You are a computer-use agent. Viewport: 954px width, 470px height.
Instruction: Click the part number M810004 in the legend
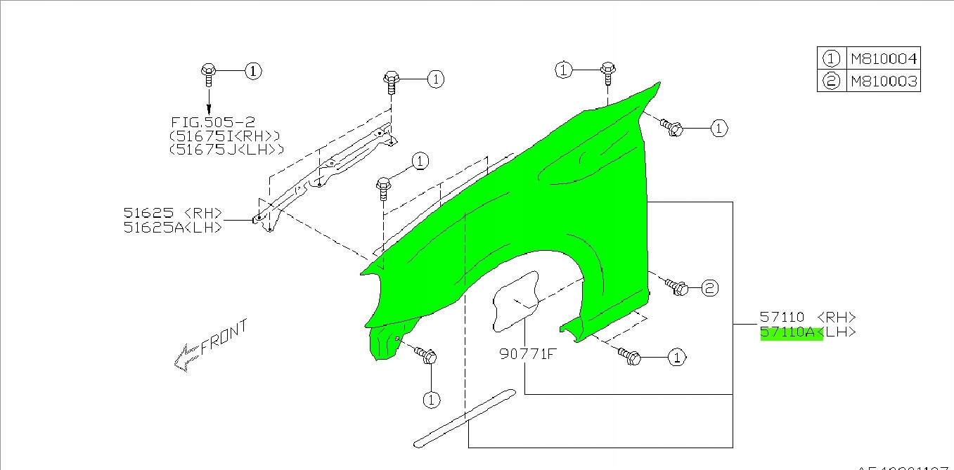[x=884, y=58]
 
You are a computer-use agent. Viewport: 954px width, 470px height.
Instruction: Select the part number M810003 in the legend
[x=884, y=81]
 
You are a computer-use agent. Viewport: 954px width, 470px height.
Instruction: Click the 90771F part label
[x=527, y=354]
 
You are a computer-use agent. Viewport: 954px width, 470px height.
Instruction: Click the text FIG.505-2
[x=212, y=122]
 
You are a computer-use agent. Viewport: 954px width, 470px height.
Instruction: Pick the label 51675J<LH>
[x=226, y=149]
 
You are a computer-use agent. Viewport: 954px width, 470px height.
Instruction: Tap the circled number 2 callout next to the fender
[x=709, y=287]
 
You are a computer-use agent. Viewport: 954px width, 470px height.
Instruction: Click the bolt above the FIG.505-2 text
[x=208, y=71]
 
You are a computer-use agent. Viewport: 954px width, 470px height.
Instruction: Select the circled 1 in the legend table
[x=832, y=58]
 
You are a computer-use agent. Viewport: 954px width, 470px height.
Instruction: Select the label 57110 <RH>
[x=807, y=318]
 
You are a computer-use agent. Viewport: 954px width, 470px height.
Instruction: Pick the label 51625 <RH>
[x=173, y=213]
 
